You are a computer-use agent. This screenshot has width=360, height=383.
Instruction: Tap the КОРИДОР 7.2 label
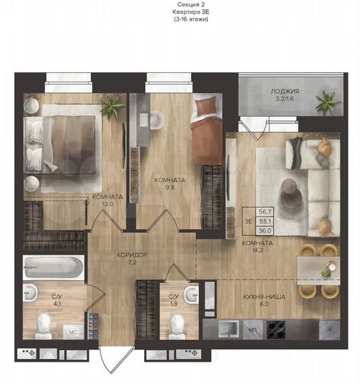point(117,257)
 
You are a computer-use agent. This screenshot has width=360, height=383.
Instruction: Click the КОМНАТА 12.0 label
point(107,201)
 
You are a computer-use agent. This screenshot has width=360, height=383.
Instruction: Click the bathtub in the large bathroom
point(53,268)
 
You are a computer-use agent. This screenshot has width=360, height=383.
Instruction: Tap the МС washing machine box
point(72,331)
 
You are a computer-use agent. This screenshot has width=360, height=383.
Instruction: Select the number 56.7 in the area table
point(266,211)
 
